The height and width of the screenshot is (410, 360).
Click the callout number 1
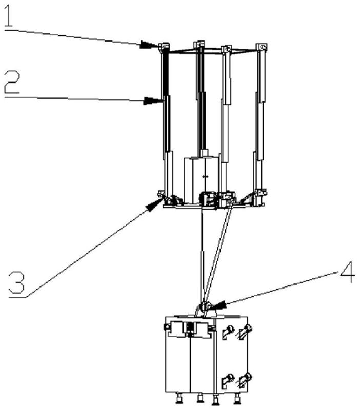(8, 16)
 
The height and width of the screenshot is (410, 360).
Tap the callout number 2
(12, 83)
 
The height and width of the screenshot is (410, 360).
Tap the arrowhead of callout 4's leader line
(217, 305)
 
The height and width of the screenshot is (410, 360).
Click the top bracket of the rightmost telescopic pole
(262, 47)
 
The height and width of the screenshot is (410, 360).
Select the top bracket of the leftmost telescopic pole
(164, 47)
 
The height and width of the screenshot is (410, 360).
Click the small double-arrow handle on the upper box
(205, 177)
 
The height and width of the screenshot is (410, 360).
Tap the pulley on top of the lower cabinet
(204, 306)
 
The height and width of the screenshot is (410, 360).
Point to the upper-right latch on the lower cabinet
(246, 331)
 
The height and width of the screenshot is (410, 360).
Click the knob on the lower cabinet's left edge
(165, 327)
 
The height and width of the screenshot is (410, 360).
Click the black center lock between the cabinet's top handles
(190, 328)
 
